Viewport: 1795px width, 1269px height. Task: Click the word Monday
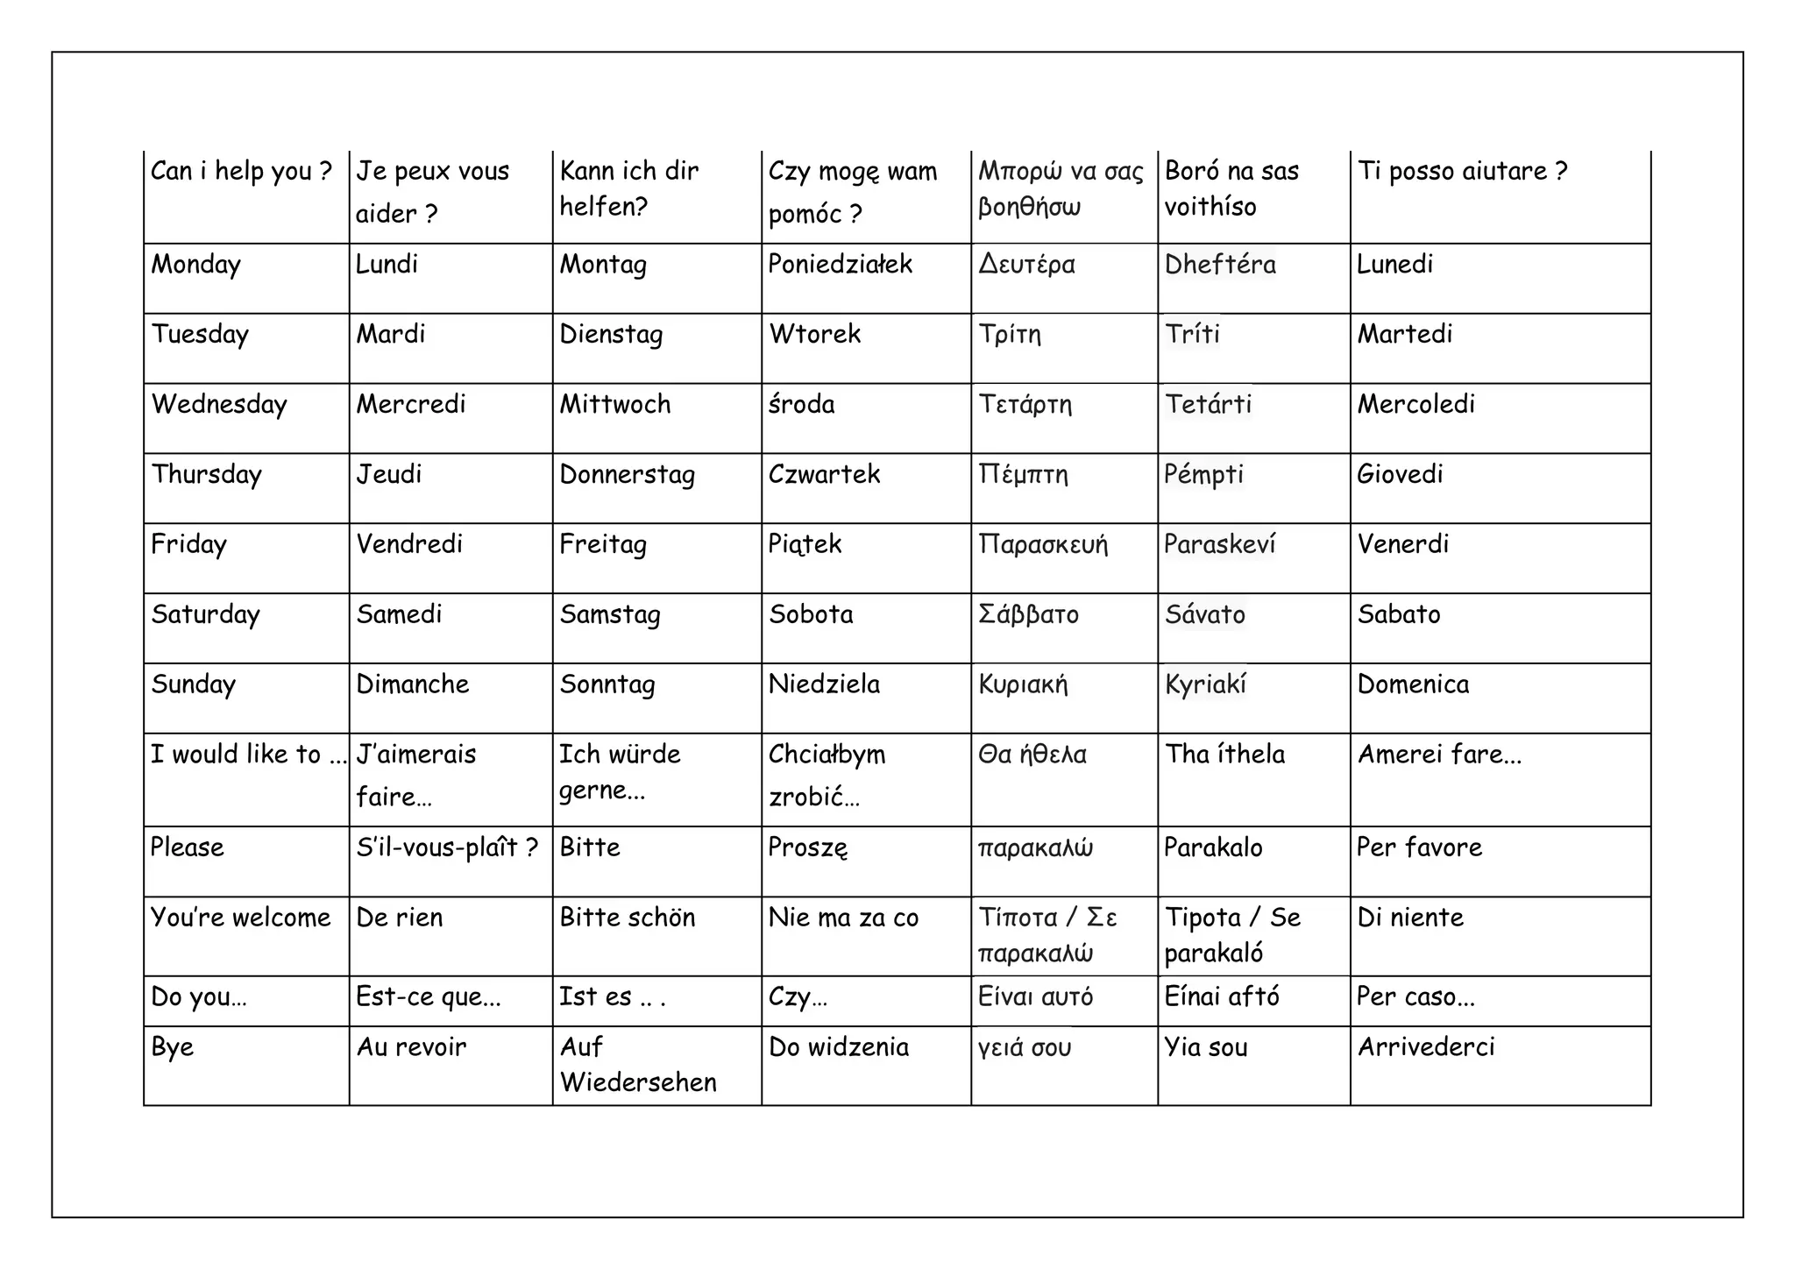(195, 265)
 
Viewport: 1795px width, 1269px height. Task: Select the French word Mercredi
(411, 404)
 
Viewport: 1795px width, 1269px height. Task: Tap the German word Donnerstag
(628, 474)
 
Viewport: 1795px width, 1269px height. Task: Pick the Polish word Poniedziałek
(841, 265)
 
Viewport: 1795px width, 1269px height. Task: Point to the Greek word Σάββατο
(1028, 613)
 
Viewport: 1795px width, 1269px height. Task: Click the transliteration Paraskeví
(1219, 544)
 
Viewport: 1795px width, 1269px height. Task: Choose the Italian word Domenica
(1413, 684)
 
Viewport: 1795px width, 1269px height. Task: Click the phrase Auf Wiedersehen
(638, 1064)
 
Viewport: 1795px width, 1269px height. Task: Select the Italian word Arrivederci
(1426, 1046)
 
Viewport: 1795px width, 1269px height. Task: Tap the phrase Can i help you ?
(241, 171)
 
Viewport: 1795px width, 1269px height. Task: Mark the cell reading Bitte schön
(628, 918)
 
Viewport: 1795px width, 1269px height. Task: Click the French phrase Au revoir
(411, 1046)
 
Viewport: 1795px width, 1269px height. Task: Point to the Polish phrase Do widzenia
(839, 1046)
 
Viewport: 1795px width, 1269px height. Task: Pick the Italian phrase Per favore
(1420, 847)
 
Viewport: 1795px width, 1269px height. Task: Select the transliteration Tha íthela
(1224, 755)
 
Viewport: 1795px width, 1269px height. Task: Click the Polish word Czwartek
(824, 474)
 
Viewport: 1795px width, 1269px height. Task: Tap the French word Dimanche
(413, 684)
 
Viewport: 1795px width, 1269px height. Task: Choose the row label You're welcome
(241, 918)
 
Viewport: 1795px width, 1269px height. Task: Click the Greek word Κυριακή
(1023, 684)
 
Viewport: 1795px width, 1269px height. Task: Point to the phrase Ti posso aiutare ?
(1462, 171)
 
